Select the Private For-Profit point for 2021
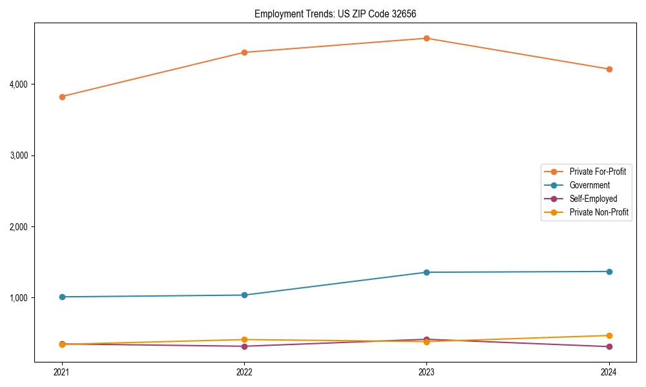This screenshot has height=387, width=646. click(62, 97)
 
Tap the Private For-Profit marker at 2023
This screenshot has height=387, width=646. click(426, 38)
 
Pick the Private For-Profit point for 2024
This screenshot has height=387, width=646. click(609, 69)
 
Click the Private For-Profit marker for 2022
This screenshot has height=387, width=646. click(244, 52)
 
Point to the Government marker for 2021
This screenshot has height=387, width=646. click(62, 297)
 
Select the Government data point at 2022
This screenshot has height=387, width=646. click(244, 295)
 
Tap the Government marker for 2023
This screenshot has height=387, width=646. click(426, 272)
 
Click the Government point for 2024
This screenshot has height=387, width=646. click(609, 272)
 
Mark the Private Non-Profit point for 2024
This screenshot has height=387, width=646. click(609, 335)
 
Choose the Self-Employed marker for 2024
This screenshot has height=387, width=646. click(609, 347)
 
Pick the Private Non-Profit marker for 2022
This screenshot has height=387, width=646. click(244, 339)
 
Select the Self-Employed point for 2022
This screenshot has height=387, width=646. click(244, 346)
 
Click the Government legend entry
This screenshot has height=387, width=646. click(589, 185)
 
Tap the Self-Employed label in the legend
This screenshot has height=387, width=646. click(593, 199)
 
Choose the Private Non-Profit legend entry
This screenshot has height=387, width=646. click(599, 212)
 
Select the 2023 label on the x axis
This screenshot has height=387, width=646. click(426, 372)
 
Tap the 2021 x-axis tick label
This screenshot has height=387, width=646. click(62, 372)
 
